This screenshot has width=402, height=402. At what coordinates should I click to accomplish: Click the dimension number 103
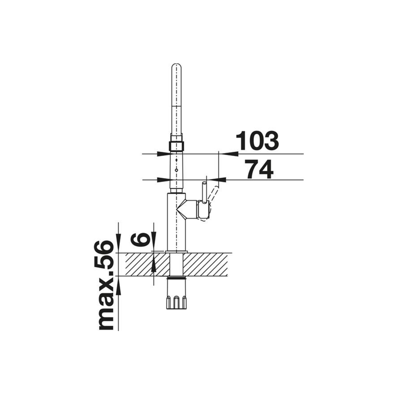pos(257,141)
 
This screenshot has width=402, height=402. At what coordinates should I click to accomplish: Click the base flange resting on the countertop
pos(177,251)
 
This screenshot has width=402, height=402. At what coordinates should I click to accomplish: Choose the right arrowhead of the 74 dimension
pos(216,180)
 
